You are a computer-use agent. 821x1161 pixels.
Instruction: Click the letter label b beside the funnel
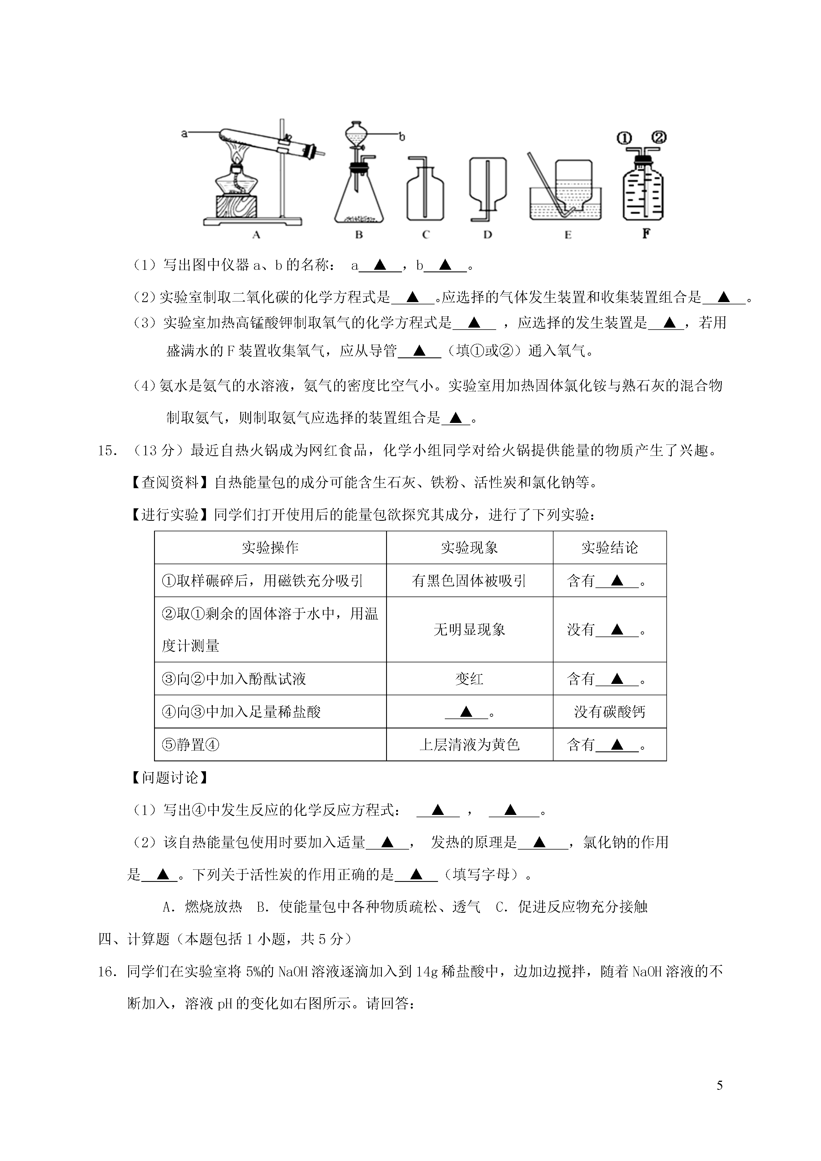coord(402,136)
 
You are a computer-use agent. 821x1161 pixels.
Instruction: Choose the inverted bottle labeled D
coord(487,182)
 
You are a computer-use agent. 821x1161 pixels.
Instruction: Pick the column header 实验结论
coord(610,548)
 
